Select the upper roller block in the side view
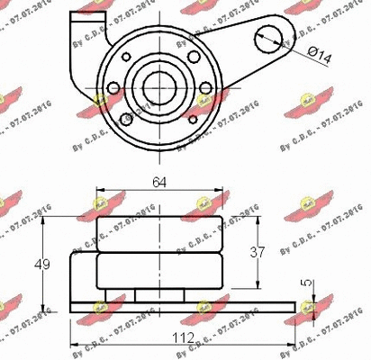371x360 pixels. (x=158, y=233)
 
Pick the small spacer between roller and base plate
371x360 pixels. (x=158, y=295)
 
